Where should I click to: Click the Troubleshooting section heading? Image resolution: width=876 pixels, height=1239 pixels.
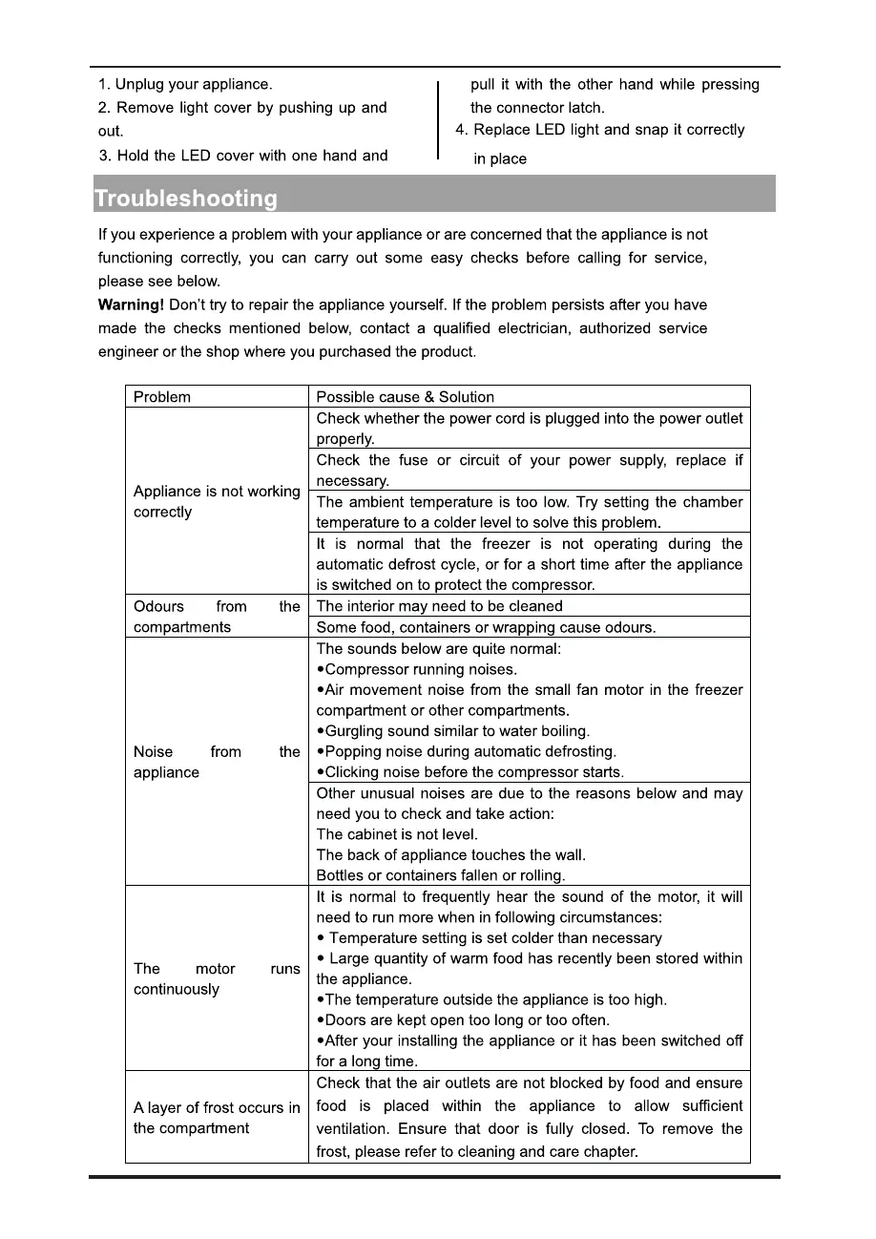186,199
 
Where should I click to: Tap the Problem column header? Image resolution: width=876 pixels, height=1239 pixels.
162,397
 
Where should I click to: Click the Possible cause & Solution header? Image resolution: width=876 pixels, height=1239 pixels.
406,397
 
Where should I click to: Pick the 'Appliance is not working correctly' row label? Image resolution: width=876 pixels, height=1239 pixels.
217,502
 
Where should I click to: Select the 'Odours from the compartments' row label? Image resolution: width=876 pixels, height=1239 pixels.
217,617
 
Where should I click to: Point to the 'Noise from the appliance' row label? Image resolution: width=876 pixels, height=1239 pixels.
217,762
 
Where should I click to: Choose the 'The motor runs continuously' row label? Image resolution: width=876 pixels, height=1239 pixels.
217,979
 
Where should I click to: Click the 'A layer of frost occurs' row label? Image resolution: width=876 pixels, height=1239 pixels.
217,1118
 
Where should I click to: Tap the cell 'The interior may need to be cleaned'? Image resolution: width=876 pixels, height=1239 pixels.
440,606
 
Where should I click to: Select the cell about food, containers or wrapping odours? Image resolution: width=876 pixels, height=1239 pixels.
486,627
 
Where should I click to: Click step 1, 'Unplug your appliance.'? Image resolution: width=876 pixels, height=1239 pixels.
185,85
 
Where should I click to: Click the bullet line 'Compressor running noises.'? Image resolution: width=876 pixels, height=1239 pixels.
421,669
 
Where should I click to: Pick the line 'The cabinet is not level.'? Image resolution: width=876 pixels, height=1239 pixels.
397,833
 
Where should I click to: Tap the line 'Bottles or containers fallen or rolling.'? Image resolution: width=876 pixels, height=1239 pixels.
441,875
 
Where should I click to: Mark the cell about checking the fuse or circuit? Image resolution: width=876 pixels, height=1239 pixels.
530,471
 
